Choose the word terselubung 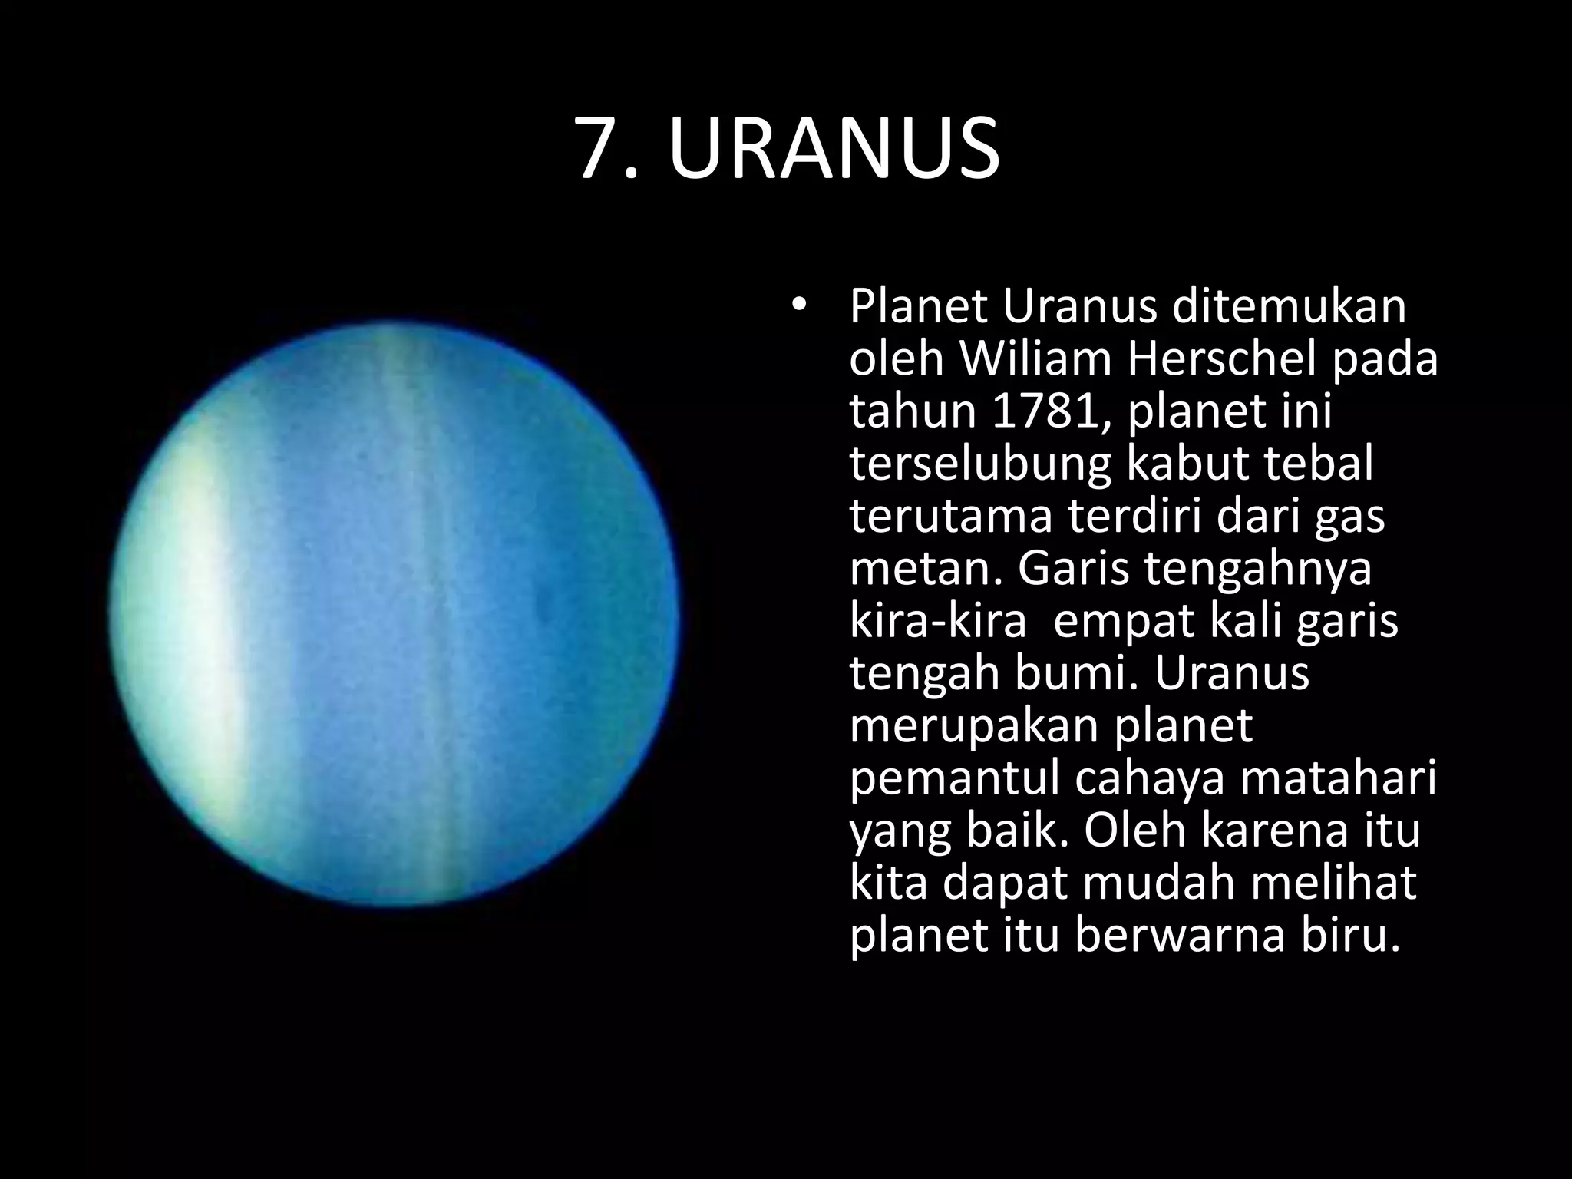coord(979,465)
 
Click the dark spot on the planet coord(545,606)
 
